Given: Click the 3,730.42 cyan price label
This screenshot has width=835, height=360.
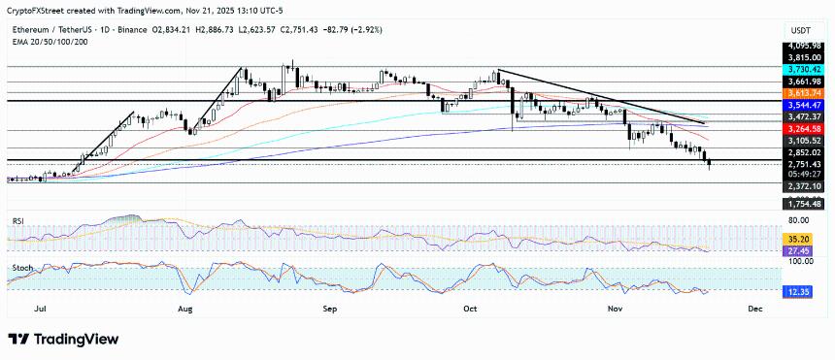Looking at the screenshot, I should pyautogui.click(x=805, y=70).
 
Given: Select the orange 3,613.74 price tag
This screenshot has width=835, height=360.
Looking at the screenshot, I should pyautogui.click(x=805, y=91).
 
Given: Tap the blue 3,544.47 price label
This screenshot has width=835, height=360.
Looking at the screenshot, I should pyautogui.click(x=805, y=104).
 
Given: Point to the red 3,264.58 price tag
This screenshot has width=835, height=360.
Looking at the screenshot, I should pyautogui.click(x=805, y=128).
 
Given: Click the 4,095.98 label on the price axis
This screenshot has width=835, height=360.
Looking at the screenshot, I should pyautogui.click(x=805, y=46).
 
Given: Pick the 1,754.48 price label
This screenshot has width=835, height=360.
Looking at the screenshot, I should pyautogui.click(x=805, y=204).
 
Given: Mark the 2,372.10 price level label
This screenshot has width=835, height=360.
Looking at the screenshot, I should pyautogui.click(x=805, y=186).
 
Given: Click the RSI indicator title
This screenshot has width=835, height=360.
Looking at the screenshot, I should pyautogui.click(x=17, y=221).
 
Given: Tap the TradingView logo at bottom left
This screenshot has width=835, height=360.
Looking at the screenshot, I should pyautogui.click(x=63, y=339).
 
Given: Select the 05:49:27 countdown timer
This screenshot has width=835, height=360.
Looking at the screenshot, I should pyautogui.click(x=805, y=175).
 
